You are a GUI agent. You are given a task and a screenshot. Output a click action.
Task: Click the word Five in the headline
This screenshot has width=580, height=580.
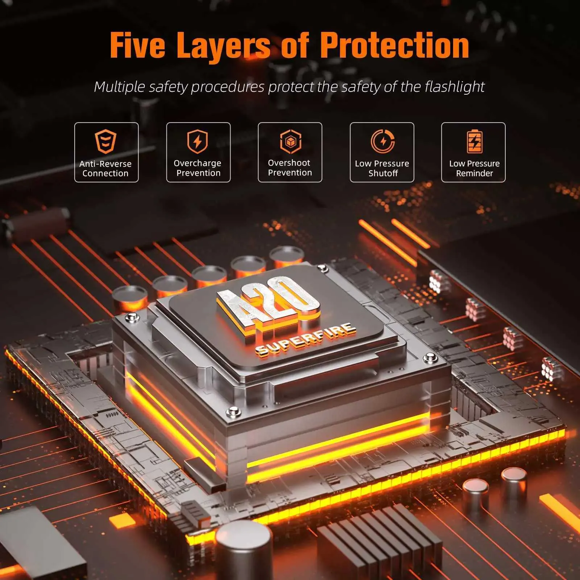click(137, 45)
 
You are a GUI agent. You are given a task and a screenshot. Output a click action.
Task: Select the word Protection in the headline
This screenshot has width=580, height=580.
click(395, 45)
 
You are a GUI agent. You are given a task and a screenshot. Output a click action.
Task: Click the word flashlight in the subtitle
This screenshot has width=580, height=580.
click(455, 87)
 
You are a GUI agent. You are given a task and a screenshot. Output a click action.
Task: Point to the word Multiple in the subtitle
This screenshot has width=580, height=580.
click(120, 87)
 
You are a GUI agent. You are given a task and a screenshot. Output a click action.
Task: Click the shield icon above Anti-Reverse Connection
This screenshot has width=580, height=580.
click(105, 142)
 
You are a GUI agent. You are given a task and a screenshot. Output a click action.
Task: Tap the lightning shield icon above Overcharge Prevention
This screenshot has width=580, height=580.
click(198, 142)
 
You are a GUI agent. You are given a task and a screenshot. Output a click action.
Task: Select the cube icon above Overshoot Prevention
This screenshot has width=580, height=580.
click(290, 141)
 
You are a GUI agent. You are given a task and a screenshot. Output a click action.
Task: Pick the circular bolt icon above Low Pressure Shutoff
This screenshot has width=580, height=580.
click(383, 141)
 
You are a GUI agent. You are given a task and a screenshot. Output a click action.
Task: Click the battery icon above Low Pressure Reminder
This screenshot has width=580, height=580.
click(475, 141)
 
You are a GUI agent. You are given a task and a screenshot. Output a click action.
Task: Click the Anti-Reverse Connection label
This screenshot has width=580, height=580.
click(105, 169)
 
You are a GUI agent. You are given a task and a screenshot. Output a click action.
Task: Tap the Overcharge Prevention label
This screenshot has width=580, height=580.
click(198, 168)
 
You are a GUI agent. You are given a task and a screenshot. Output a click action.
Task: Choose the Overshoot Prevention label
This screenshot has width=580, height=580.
click(290, 168)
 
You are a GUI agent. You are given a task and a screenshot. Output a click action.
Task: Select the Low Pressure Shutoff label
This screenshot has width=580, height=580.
click(382, 169)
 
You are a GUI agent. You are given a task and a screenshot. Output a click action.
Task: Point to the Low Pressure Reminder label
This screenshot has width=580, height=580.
click(475, 169)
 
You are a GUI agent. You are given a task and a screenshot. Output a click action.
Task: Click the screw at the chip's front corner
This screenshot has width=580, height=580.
click(232, 412)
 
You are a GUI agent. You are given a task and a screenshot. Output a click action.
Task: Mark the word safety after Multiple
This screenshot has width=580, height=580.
click(169, 87)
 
